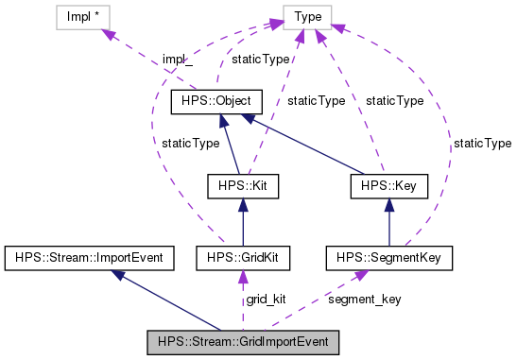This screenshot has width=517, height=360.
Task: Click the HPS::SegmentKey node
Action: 390,256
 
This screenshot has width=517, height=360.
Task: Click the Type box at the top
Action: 307,17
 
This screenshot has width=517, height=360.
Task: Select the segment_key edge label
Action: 364,299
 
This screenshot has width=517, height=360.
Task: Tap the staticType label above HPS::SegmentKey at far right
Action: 482,143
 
